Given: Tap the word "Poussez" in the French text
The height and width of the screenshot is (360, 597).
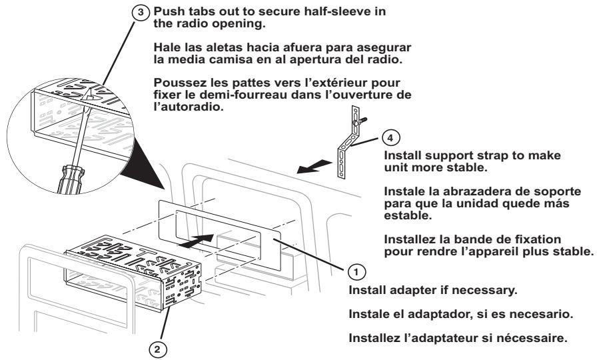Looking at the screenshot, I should tap(175, 83).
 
